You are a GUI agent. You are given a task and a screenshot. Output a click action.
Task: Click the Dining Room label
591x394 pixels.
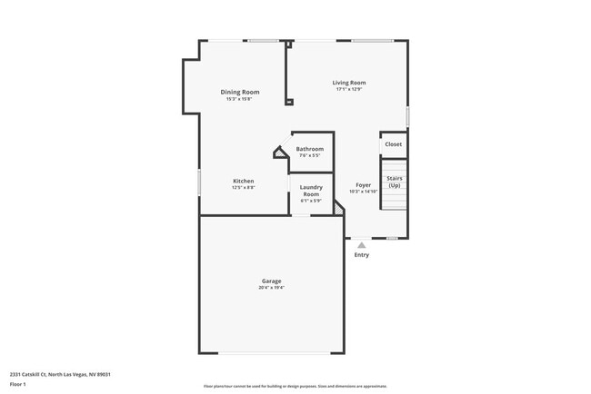coord(240,92)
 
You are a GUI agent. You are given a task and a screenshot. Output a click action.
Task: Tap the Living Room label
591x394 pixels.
coord(349,83)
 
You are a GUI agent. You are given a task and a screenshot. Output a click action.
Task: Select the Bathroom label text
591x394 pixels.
coord(309,149)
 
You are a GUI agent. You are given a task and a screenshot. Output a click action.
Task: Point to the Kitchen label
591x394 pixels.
coord(243,181)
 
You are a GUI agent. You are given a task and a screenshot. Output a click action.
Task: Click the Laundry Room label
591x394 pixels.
coord(311,191)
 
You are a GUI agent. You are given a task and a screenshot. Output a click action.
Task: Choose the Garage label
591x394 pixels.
coord(272,281)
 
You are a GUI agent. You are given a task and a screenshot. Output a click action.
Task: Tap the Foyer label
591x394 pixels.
coord(363,185)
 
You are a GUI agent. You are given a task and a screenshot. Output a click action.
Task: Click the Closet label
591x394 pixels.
coord(393,144)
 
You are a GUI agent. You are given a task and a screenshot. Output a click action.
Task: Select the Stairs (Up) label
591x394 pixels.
coord(394,182)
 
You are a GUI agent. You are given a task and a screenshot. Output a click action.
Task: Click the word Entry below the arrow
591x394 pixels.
coord(362,255)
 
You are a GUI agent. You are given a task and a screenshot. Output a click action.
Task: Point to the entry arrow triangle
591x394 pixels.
coord(362,244)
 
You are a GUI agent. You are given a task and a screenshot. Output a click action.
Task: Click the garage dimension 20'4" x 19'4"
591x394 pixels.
coord(272,288)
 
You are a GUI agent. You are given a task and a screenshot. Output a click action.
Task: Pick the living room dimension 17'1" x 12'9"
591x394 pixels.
coord(349,89)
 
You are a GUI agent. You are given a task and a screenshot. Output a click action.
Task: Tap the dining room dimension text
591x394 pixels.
coord(240,99)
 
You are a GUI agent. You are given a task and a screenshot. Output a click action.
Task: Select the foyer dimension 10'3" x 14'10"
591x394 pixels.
coord(363,192)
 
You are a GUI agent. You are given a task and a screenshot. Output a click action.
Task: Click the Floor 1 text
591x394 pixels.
coord(19,384)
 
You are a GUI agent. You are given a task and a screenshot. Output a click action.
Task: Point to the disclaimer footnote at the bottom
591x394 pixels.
coord(295,386)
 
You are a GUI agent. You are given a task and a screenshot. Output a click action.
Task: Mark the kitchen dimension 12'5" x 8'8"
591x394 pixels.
coord(243,187)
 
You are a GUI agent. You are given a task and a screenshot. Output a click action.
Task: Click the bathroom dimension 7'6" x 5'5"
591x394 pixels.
coord(309,155)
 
